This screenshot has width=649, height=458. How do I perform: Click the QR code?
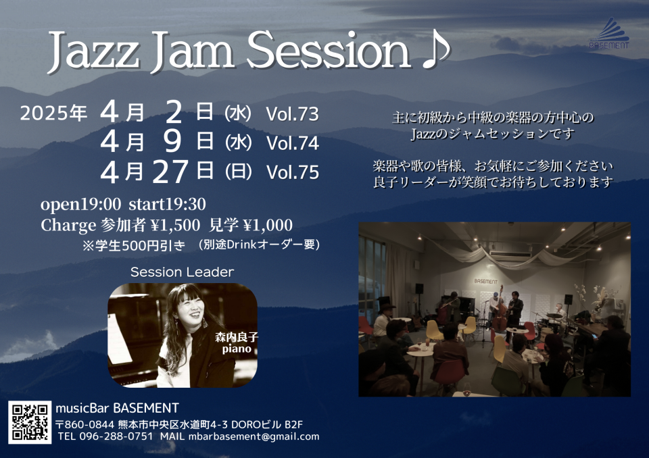(x=30, y=422)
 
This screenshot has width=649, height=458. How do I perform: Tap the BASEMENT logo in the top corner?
(x=609, y=33)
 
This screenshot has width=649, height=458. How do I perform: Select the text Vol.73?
(x=292, y=114)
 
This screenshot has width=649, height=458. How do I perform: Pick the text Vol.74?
(x=292, y=143)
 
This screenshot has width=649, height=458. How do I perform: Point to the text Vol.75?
(x=292, y=172)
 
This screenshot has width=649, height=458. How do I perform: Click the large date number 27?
(x=171, y=172)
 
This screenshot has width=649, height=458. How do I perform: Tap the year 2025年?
(x=53, y=113)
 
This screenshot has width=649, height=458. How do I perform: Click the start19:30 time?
(x=167, y=204)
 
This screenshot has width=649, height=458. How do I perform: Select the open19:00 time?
(x=80, y=205)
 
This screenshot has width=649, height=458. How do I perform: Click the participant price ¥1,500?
(x=175, y=225)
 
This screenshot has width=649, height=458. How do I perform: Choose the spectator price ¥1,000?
(x=268, y=225)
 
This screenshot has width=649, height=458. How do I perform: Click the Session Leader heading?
(x=182, y=272)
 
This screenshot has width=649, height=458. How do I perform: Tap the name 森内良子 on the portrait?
(x=237, y=337)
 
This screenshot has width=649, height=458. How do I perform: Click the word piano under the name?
(x=237, y=349)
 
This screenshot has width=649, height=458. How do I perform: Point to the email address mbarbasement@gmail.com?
(x=254, y=436)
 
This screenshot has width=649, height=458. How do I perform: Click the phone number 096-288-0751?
(x=116, y=436)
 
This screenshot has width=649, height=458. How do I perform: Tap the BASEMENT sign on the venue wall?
(x=486, y=281)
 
